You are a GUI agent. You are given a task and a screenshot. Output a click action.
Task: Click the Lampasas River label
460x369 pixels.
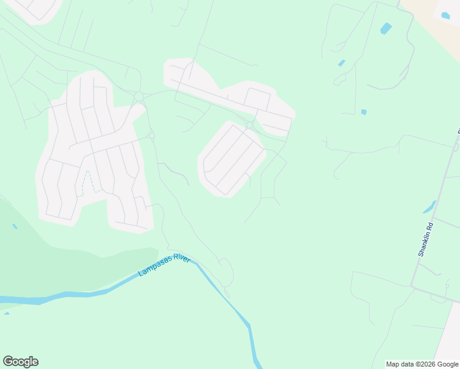[x=164, y=265]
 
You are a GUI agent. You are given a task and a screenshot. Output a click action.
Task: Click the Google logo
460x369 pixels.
[x=20, y=362]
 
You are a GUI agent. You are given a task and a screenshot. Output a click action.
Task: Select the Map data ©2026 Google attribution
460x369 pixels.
[x=422, y=364]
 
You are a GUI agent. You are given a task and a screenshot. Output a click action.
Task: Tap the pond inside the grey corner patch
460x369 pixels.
[x=445, y=15]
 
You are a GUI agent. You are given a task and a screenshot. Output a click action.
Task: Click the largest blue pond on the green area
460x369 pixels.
[x=386, y=28]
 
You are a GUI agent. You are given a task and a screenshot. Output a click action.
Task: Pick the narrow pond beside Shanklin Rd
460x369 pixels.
[x=429, y=207]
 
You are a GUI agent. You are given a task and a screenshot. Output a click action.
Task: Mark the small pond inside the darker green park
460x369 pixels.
[x=14, y=226]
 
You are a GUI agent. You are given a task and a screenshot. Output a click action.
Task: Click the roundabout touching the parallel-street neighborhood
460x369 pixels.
[x=249, y=125]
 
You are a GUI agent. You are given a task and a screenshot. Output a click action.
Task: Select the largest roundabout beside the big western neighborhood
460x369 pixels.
[x=139, y=97]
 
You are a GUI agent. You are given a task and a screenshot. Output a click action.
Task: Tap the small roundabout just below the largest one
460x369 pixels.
[x=151, y=135]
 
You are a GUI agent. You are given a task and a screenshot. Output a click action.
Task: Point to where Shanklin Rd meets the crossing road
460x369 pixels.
[x=413, y=285]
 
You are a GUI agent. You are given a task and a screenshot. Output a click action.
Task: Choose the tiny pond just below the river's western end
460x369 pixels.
[x=6, y=313]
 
